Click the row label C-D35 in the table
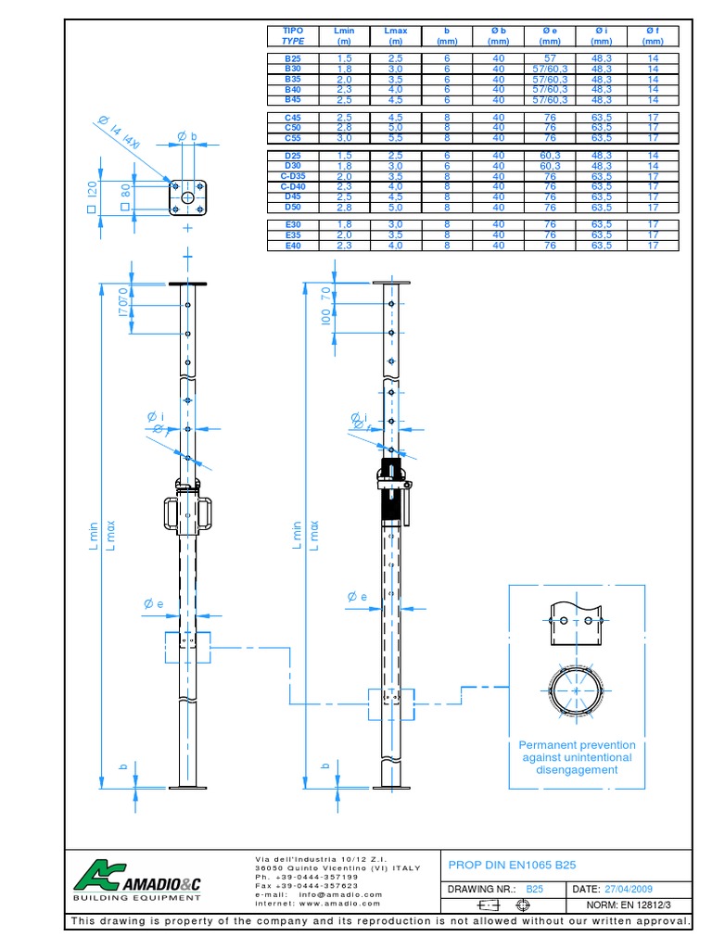(x=292, y=176)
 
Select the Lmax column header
(x=396, y=36)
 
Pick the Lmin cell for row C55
(x=344, y=137)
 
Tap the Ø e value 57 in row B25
(x=550, y=58)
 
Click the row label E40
(x=293, y=246)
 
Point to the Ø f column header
(x=653, y=36)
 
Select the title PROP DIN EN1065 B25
(x=511, y=865)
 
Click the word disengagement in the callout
(x=577, y=769)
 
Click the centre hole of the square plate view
(x=188, y=197)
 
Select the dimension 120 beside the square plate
(x=92, y=190)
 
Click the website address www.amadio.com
(x=340, y=903)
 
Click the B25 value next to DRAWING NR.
(x=534, y=889)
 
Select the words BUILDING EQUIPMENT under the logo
(x=136, y=897)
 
